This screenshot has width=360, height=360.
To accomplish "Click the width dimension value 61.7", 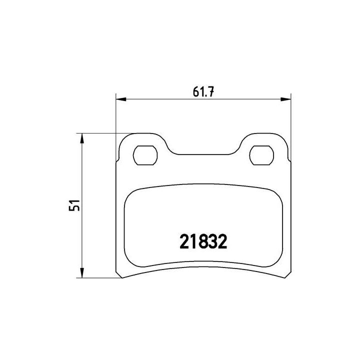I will point(203,90).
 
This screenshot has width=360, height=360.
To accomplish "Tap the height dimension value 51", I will point(74,205).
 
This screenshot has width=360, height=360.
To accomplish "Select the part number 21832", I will point(203,243).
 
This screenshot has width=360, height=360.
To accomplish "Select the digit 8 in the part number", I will point(199,243).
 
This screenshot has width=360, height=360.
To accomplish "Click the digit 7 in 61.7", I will point(212,90).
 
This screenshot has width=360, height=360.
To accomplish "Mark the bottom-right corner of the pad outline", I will point(290,276).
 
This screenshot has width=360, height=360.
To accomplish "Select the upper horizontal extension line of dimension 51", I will point(105,133).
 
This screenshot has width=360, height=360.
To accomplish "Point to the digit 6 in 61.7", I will point(195,90).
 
